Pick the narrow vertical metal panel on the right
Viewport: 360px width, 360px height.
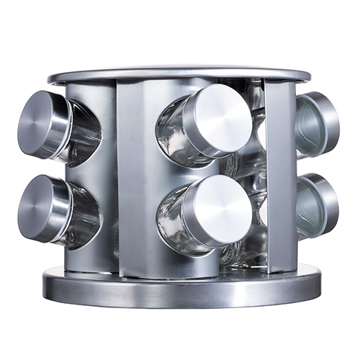[279, 173]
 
